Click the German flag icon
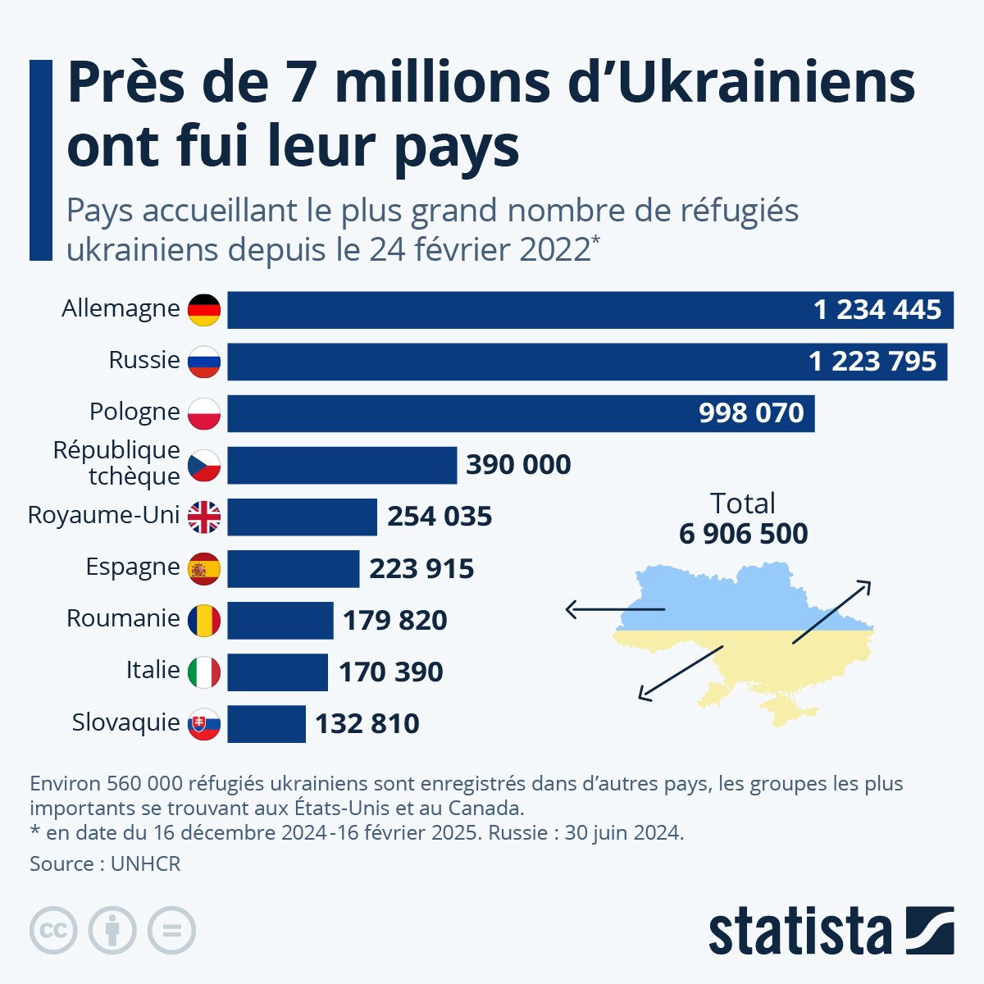(204, 310)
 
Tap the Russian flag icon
(204, 362)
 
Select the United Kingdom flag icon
(204, 517)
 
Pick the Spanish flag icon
(204, 568)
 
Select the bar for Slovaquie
(266, 724)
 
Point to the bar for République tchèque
(341, 465)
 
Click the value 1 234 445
(877, 310)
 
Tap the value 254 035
(440, 517)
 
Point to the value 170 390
(390, 672)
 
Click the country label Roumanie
(123, 618)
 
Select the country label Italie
(153, 670)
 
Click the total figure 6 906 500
(743, 534)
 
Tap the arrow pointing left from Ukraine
(615, 609)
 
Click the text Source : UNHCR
(105, 863)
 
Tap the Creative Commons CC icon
(53, 931)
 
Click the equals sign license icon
(171, 931)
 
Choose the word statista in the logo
(799, 932)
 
